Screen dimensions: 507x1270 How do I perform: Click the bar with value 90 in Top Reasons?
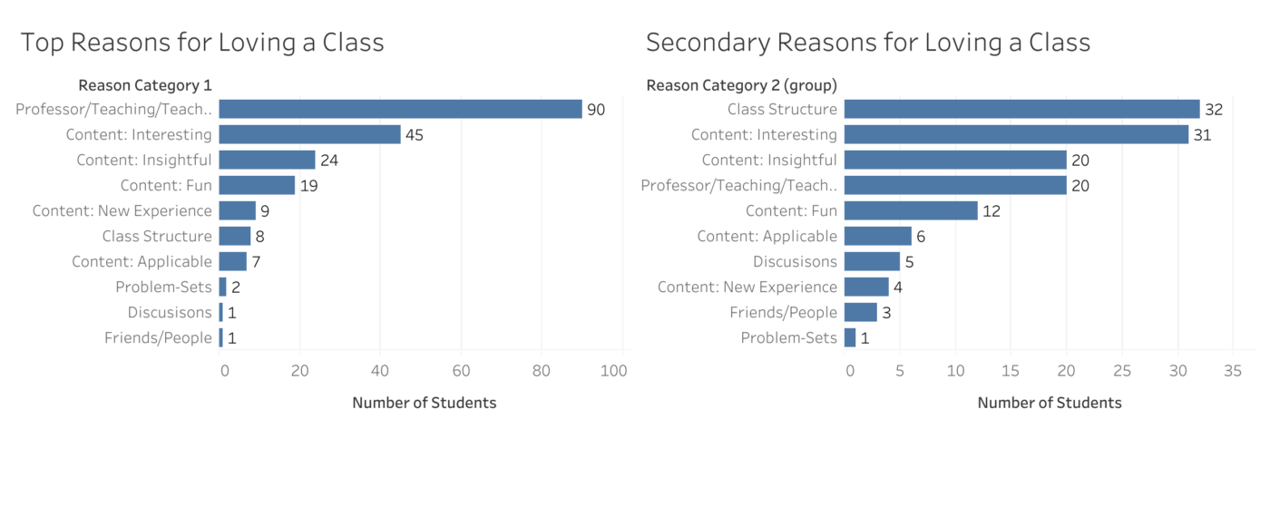tap(400, 109)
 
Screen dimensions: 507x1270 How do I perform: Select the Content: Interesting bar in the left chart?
tap(309, 134)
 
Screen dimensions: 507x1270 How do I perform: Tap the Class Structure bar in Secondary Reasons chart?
tap(1021, 109)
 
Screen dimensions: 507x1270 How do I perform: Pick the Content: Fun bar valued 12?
tap(911, 210)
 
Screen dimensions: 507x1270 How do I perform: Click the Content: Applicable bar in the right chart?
tap(877, 236)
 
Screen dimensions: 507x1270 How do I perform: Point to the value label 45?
tap(415, 135)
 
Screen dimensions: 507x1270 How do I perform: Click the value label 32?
tap(1214, 110)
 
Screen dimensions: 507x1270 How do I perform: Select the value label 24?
tap(329, 161)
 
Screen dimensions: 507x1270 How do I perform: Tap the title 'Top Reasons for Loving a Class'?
tap(202, 43)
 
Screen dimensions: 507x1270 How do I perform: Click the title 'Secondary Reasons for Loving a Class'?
tap(868, 43)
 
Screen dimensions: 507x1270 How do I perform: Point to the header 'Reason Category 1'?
tap(145, 85)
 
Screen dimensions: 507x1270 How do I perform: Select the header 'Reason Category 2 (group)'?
tap(741, 85)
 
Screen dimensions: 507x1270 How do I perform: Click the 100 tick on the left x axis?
tap(614, 370)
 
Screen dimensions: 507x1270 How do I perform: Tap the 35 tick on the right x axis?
tap(1232, 370)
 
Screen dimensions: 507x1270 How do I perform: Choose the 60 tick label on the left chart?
tap(461, 370)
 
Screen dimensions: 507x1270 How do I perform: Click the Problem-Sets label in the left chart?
tap(163, 288)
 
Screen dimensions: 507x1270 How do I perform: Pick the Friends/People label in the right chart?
tap(783, 313)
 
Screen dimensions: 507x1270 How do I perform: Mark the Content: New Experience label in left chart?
tap(122, 211)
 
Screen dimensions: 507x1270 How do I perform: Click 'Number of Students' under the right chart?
tap(1050, 403)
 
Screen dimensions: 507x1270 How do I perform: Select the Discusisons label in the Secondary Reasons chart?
tap(795, 262)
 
